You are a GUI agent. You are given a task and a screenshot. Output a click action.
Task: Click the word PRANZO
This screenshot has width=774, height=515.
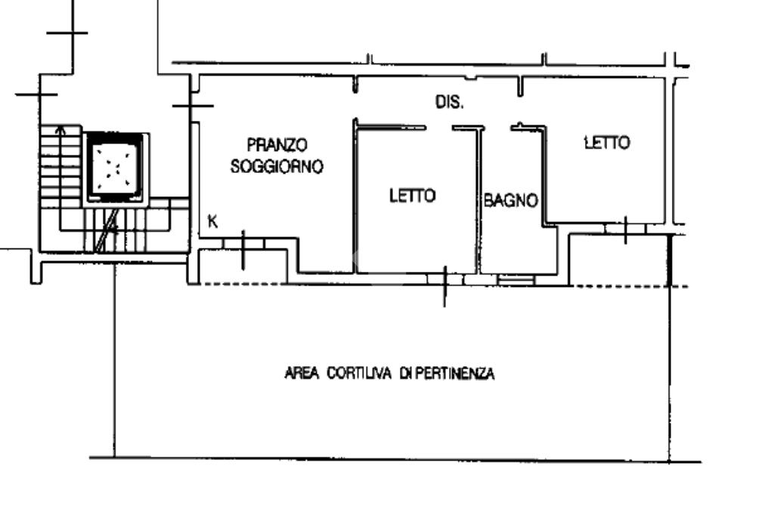tap(277, 144)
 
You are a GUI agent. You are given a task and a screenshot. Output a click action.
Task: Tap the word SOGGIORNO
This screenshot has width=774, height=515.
tap(277, 166)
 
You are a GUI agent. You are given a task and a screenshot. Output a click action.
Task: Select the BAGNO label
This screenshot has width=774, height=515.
tap(511, 201)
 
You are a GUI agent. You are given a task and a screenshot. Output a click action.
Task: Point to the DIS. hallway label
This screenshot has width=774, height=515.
tap(448, 102)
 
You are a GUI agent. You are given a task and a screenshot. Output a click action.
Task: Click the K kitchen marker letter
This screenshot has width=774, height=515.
tap(213, 222)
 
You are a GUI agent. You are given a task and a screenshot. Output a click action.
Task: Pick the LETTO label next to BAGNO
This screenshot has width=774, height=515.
tap(412, 196)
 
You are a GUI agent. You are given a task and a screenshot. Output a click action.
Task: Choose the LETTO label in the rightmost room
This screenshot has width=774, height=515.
tap(606, 142)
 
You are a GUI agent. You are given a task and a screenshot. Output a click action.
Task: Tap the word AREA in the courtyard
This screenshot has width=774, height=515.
tap(302, 373)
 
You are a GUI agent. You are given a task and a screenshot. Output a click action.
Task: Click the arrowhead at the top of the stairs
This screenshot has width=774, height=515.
tap(60, 128)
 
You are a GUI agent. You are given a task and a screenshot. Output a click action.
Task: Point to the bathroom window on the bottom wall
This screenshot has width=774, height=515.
tap(516, 279)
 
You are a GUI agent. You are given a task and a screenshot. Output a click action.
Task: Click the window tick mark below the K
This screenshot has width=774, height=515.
tap(243, 249)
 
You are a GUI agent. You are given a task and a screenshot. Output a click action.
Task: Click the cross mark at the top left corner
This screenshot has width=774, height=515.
tap(67, 32)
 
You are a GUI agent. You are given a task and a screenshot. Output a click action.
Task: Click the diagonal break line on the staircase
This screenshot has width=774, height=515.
tap(109, 230)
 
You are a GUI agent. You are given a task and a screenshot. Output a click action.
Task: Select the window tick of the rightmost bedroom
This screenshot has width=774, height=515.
tap(626, 230)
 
